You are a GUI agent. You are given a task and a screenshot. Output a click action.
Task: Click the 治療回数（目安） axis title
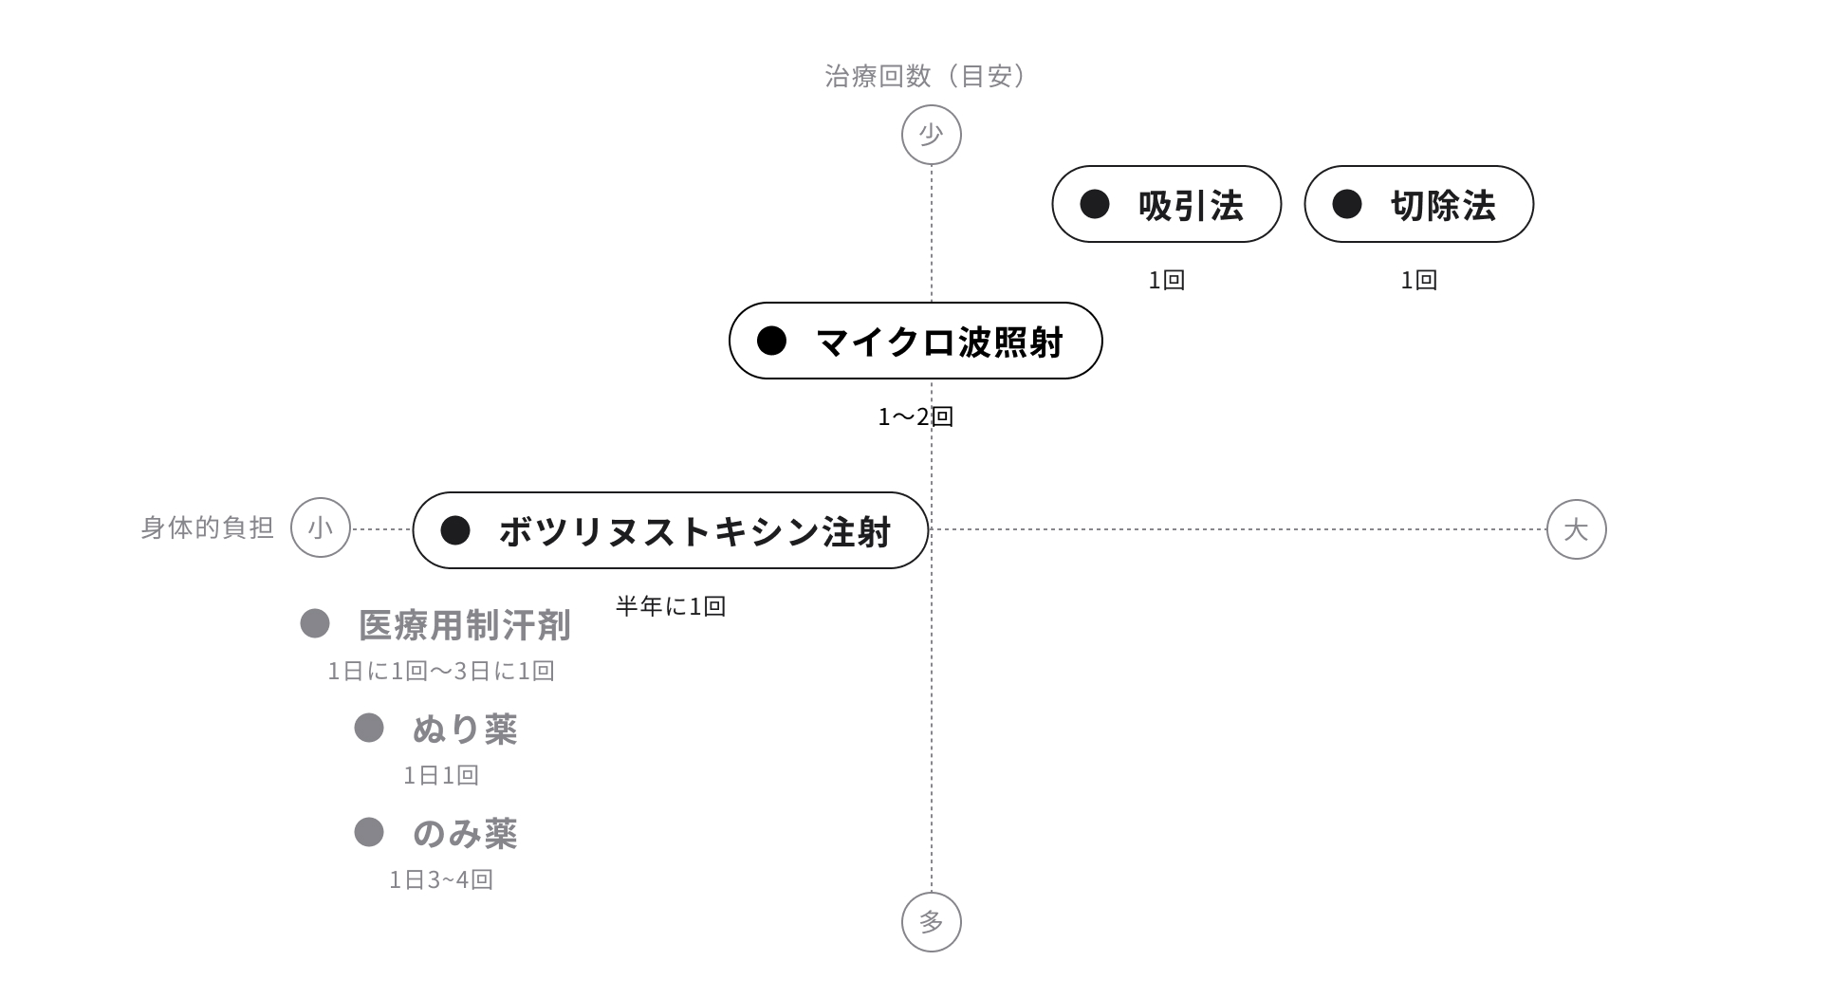[925, 76]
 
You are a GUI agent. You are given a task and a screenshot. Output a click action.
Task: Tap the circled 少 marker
[931, 135]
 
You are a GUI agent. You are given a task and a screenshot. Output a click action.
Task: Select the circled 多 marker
[931, 921]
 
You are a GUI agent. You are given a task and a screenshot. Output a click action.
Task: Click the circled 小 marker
[321, 528]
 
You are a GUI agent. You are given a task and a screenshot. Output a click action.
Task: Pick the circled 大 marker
[1576, 528]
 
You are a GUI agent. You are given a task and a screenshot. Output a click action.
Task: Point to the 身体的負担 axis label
[207, 527]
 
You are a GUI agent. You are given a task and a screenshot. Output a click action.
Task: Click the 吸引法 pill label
[1166, 204]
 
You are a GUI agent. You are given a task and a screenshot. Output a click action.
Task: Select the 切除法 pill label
[1418, 204]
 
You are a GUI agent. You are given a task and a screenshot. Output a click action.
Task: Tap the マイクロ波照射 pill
[915, 341]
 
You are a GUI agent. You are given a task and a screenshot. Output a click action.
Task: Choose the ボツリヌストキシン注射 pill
[670, 530]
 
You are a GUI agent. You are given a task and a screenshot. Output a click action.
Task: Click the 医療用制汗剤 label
[464, 625]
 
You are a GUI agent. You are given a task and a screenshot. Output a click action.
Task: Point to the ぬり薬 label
[464, 729]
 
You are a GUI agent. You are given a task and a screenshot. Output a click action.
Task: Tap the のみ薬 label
[464, 833]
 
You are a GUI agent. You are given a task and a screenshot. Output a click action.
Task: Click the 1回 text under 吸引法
[1166, 280]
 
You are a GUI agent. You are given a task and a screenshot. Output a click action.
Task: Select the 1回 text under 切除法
[1418, 280]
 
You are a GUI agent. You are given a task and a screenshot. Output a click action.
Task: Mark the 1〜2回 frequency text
[915, 416]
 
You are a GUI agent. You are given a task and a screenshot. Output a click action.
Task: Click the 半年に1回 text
[670, 606]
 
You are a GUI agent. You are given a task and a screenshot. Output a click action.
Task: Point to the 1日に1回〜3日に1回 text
[440, 672]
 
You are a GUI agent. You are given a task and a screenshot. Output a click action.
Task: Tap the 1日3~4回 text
[440, 880]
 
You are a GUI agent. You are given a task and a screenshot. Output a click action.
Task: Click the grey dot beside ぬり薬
[368, 728]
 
